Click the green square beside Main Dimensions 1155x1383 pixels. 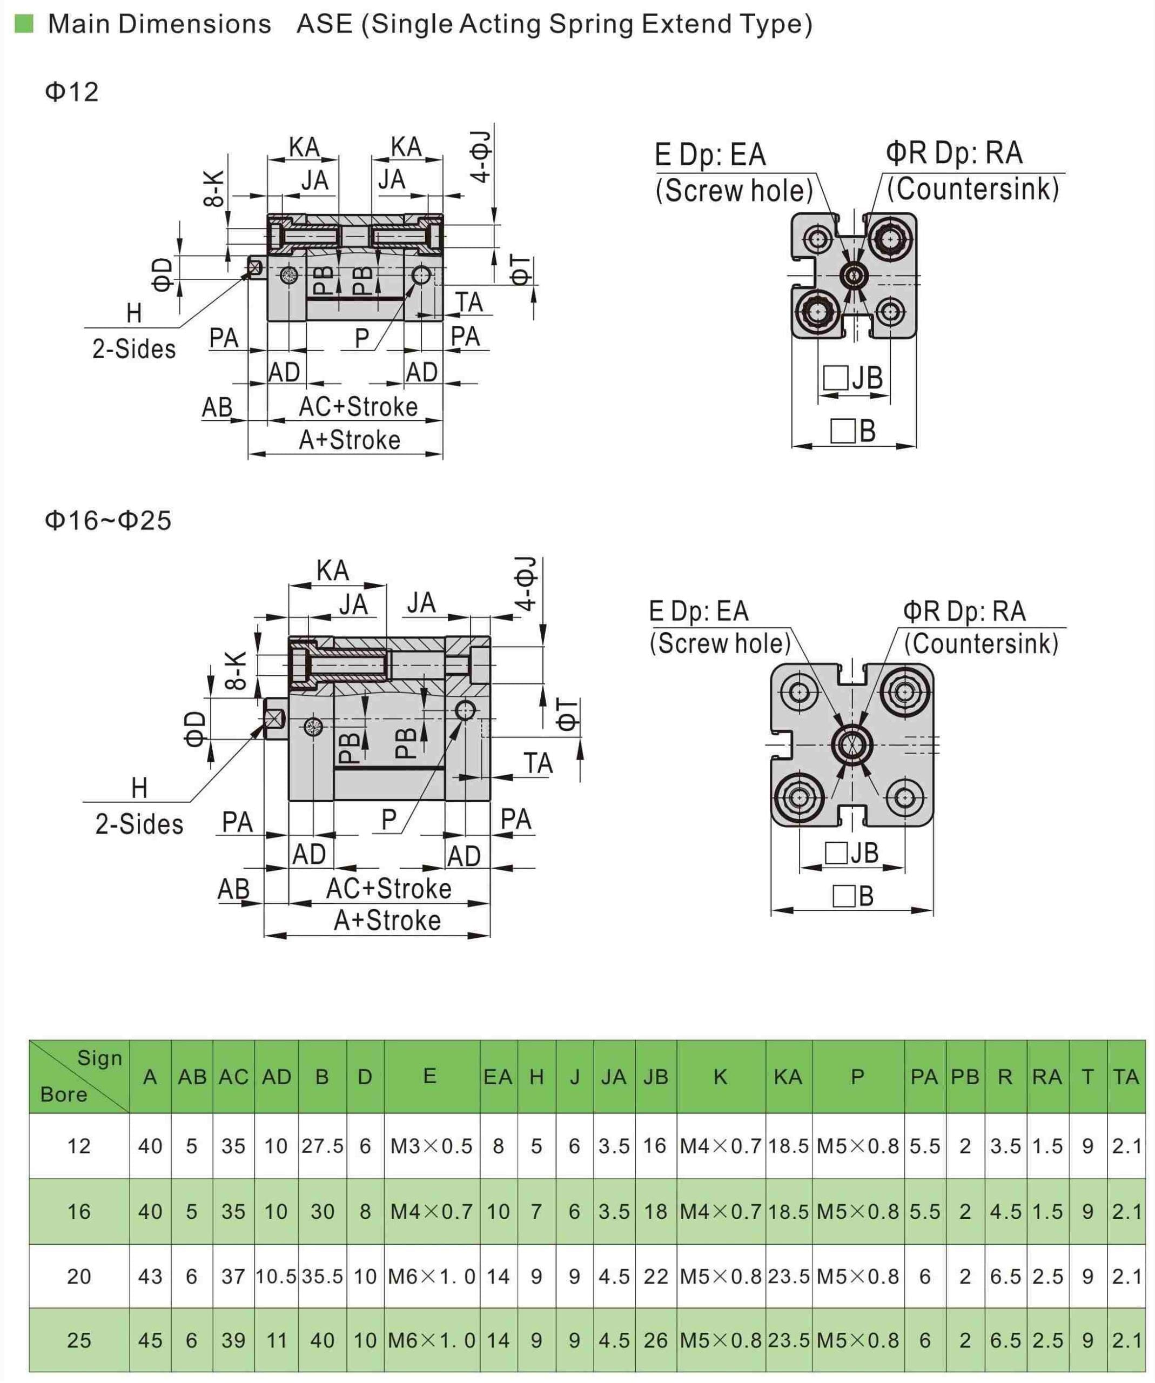24,24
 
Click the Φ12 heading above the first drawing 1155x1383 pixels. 72,91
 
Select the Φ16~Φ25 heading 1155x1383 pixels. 108,520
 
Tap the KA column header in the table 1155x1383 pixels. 788,1077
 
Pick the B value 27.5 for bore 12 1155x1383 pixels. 322,1146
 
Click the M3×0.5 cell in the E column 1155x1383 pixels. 431,1146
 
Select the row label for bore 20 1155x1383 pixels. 79,1277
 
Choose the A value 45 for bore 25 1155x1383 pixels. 150,1340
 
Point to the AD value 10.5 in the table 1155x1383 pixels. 276,1277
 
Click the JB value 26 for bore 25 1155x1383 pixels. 655,1340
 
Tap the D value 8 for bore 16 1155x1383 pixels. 365,1211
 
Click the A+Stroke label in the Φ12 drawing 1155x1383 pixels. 350,440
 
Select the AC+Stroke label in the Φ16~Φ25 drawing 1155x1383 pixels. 388,888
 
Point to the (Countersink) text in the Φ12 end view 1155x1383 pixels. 972,189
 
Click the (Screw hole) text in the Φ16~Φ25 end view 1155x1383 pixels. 720,643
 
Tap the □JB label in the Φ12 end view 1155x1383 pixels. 854,378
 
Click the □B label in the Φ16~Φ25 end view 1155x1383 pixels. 854,896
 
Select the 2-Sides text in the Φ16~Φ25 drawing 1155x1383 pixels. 139,824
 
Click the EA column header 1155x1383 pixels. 498,1077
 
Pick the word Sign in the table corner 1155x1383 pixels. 99,1058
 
